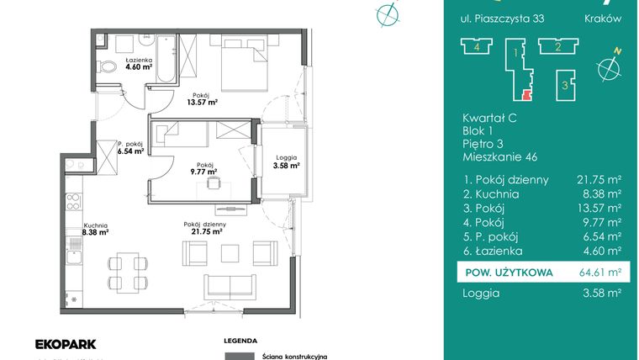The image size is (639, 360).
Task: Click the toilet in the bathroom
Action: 107,66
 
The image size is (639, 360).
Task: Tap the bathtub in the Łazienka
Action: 166,59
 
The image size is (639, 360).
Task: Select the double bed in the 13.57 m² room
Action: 244,63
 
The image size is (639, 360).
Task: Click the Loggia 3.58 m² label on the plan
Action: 287,161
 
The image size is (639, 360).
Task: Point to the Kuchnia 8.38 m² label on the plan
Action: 95,229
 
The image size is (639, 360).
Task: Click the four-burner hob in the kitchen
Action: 73,202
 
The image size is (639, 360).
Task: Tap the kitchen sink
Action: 74,257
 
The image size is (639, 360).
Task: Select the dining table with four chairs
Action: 128,273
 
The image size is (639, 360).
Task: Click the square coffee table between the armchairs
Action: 230,253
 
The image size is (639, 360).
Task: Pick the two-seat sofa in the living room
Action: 230,287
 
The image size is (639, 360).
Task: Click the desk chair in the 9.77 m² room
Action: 213,184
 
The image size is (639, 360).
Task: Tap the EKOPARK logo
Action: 66,345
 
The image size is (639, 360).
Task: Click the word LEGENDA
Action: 240,341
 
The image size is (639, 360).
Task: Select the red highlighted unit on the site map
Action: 527,95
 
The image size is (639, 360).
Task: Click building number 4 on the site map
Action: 477,46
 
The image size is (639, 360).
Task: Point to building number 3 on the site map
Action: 565,85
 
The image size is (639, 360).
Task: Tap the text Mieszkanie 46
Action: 499,157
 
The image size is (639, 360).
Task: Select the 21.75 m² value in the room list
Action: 599,180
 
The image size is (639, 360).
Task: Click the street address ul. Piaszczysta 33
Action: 502,19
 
